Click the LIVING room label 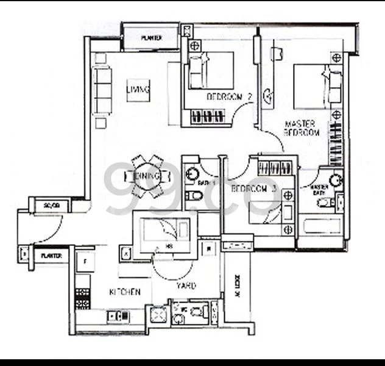[x=138, y=90]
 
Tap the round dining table [x=147, y=175]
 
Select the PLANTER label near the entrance [x=51, y=256]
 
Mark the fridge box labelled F [x=85, y=260]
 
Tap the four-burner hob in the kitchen [x=83, y=297]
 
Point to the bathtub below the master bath [x=319, y=229]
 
